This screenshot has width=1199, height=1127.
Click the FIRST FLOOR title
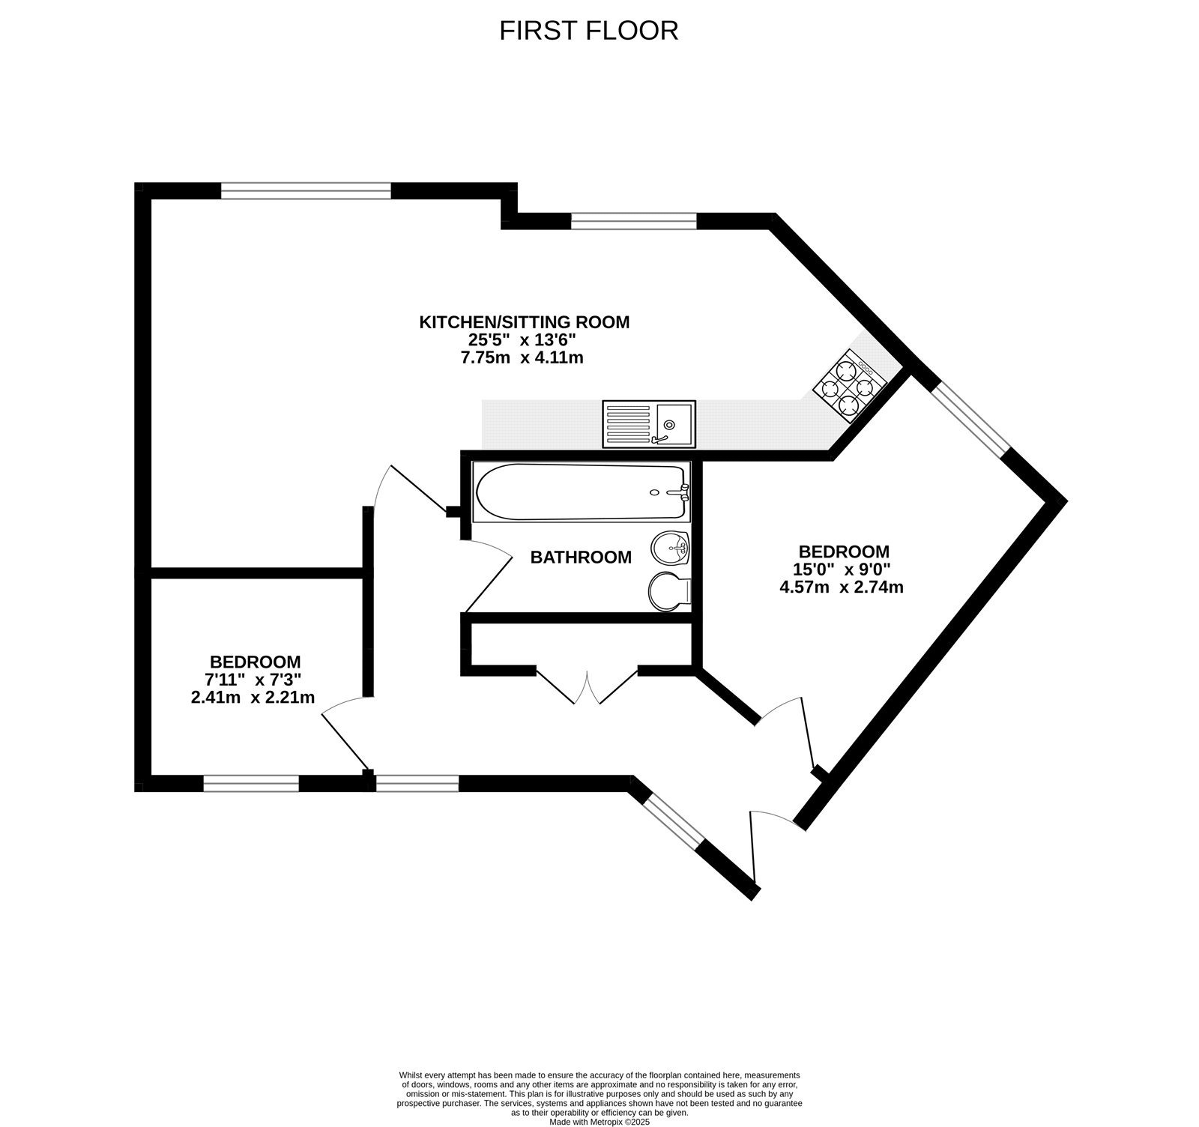[588, 31]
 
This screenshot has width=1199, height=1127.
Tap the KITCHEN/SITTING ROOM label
[524, 322]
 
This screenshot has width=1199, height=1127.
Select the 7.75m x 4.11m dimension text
[522, 358]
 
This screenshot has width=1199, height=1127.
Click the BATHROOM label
[581, 558]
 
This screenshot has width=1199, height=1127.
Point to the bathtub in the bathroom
[582, 492]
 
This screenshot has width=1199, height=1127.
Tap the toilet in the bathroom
[668, 590]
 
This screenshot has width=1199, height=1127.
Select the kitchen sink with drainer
[648, 424]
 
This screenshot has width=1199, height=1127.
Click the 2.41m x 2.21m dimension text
[253, 698]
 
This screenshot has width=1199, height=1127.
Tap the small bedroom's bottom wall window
[251, 784]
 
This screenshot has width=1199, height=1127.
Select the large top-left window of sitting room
[306, 191]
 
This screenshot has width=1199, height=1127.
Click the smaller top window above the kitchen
[633, 220]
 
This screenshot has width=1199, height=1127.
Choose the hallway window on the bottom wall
[417, 784]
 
